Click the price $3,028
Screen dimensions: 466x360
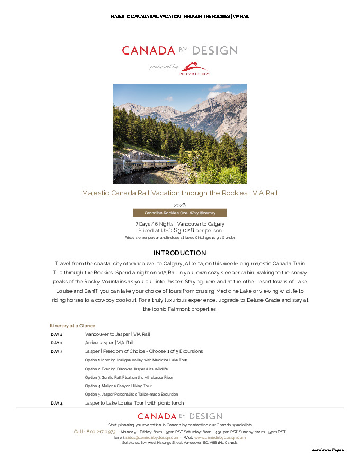point(184,230)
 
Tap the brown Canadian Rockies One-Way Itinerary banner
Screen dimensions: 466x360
point(179,213)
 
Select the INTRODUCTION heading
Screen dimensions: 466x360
point(179,253)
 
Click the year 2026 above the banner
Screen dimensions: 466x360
point(179,205)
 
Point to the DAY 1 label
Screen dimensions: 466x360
point(57,334)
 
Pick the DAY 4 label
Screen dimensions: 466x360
point(57,403)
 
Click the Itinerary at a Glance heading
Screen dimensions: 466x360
point(73,326)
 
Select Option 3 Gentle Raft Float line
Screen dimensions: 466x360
point(129,377)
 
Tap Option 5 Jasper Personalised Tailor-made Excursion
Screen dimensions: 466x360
point(131,394)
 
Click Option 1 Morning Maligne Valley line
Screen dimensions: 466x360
point(136,360)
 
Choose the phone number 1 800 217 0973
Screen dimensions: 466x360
point(95,432)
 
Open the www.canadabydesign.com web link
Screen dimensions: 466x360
point(220,437)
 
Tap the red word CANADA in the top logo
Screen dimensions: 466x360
point(148,51)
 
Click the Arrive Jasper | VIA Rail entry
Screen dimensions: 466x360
point(109,343)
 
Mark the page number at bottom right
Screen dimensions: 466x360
point(328,450)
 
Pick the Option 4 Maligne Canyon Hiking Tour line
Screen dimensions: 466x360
point(118,386)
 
